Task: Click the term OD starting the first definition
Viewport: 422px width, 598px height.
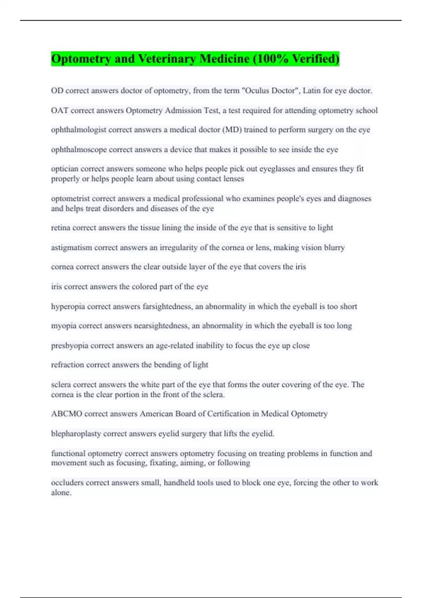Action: tap(57, 91)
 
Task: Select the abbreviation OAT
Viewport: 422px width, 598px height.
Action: tap(59, 110)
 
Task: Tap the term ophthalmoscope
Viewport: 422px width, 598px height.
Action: tap(79, 149)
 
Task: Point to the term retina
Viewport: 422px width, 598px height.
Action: tap(60, 228)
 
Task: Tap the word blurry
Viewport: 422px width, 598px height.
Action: tap(334, 248)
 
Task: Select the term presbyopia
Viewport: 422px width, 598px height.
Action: tap(70, 346)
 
